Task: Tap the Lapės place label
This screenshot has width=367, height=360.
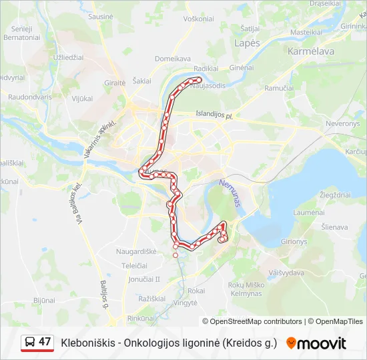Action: [x=247, y=43]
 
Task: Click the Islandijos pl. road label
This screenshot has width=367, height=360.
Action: [x=214, y=115]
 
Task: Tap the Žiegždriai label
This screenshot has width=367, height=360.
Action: [x=336, y=195]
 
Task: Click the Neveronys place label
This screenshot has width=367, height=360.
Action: [x=342, y=124]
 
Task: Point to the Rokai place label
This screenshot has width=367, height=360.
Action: [x=196, y=291]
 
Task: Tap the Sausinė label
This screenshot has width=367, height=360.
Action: [x=101, y=15]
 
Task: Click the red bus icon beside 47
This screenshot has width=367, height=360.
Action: [x=29, y=343]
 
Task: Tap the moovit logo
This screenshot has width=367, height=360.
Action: [x=316, y=343]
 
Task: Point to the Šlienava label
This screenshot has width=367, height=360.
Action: [x=334, y=227]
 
